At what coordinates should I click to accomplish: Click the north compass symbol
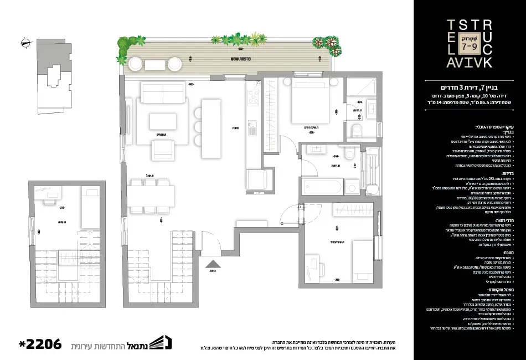click(x=23, y=42)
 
